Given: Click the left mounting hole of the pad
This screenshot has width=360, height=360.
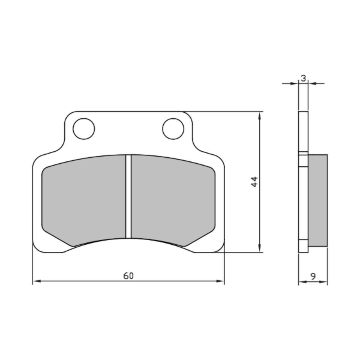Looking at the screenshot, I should tap(84, 129).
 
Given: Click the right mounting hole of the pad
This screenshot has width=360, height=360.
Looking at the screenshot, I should tap(173, 129).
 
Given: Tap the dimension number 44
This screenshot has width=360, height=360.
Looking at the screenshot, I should tap(255, 182).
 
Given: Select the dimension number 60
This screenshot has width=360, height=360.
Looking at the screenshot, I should tap(128, 276).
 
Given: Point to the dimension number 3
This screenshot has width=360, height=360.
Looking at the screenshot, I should tap(303, 78).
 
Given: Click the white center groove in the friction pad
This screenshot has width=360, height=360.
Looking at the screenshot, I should tap(128, 196).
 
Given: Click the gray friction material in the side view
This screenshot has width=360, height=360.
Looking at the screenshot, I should tap(318, 201).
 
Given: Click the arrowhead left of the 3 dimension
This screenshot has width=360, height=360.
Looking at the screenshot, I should tap(295, 83).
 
